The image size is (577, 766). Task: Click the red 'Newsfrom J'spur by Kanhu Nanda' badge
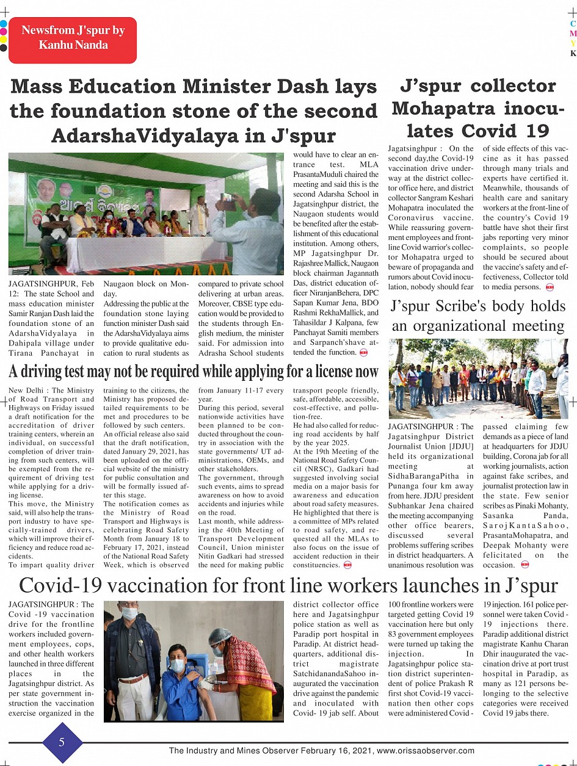73,38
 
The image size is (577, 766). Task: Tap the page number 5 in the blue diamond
62,742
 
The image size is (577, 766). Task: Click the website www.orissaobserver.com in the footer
426,751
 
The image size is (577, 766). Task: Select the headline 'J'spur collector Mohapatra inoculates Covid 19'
477,108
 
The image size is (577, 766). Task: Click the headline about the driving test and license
194,371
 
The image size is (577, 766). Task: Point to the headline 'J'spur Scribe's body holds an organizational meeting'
477,316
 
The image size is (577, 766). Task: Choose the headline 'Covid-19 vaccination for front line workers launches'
288,586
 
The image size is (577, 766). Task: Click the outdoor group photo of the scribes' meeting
477,378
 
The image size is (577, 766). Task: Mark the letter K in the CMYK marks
573,54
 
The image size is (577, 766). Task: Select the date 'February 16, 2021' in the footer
343,751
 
